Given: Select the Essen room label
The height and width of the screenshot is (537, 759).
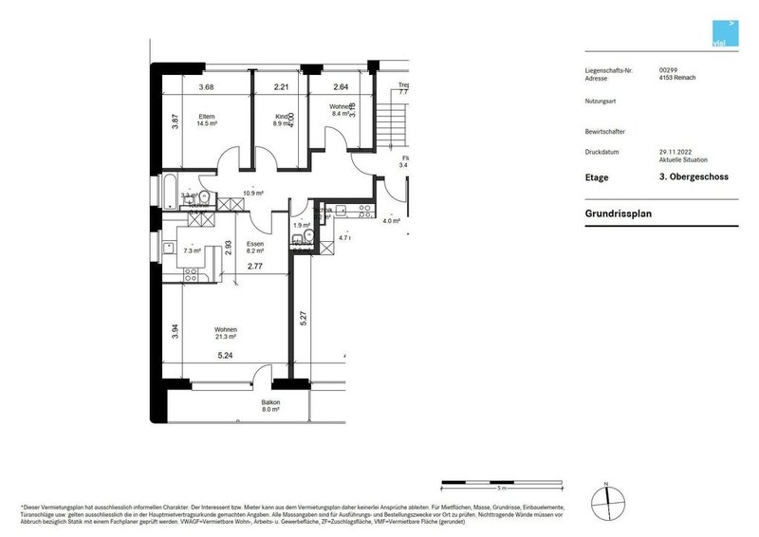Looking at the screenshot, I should (x=254, y=244).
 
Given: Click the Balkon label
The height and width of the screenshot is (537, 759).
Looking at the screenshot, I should (x=271, y=403).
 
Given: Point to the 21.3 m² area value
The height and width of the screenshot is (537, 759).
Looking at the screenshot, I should (x=225, y=337).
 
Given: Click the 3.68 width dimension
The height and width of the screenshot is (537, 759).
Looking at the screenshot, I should (x=206, y=88).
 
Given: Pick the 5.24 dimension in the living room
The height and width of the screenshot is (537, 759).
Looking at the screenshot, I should (x=225, y=357).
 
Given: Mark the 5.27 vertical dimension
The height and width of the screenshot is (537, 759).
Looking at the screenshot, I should (x=303, y=320).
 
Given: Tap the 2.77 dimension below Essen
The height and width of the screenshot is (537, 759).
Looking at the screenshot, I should (x=255, y=267).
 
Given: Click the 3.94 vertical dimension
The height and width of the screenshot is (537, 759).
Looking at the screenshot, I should (x=175, y=329).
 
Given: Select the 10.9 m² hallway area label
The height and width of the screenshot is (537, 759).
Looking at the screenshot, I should (x=252, y=193).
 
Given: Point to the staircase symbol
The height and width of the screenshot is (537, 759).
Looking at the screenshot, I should (x=390, y=123).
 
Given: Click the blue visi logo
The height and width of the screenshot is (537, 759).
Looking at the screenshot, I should (x=725, y=32).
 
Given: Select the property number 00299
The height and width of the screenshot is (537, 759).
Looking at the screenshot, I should (x=668, y=70).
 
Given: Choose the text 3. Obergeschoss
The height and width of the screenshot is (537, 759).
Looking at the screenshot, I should (x=694, y=177).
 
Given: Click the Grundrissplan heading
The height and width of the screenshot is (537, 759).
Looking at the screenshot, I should (x=618, y=213).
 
